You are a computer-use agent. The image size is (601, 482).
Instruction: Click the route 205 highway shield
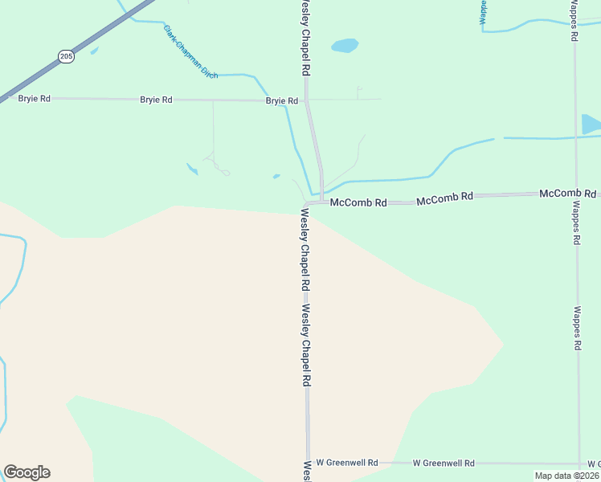[x=66, y=57]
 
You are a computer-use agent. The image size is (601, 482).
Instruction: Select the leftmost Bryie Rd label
[x=35, y=99]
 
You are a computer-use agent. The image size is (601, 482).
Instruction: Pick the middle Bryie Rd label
[x=156, y=100]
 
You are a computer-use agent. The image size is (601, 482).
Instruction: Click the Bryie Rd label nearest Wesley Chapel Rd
[x=282, y=101]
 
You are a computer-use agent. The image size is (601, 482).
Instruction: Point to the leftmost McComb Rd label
[x=358, y=203]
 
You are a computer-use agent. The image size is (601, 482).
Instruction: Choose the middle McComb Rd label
[x=444, y=197]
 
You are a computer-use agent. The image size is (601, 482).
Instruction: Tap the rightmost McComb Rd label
[x=568, y=194]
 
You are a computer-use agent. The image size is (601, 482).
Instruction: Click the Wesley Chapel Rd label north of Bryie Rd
[x=305, y=38]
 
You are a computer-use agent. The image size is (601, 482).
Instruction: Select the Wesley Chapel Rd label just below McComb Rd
[x=305, y=250]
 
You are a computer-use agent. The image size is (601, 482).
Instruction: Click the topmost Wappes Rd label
[x=574, y=21]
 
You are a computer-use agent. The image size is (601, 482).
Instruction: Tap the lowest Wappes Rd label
[x=577, y=327]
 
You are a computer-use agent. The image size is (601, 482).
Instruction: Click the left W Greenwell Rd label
[x=347, y=463]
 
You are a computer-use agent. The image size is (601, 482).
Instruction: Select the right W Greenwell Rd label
[x=444, y=463]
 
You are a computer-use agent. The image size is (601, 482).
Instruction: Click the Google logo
[x=27, y=472]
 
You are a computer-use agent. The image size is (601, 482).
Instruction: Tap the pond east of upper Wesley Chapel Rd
[x=345, y=45]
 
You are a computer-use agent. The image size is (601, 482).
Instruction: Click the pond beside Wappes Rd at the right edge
[x=591, y=125]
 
